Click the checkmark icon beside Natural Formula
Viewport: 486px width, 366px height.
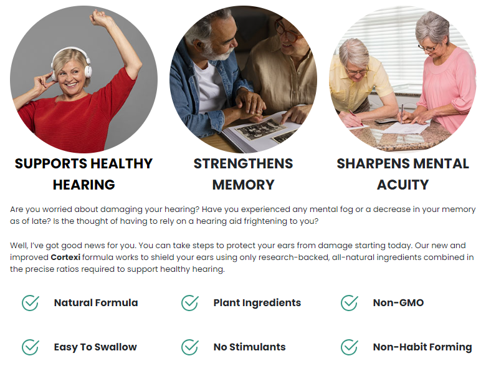(31, 303)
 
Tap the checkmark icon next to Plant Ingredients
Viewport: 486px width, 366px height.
(189, 303)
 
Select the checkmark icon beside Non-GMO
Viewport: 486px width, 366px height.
(350, 303)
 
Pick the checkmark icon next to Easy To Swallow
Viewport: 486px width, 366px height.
(31, 347)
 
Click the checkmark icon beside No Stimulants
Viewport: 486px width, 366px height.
(189, 347)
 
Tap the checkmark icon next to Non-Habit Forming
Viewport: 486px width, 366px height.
(350, 347)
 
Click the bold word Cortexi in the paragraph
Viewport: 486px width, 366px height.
(65, 258)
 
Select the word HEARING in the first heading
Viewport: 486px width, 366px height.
(83, 185)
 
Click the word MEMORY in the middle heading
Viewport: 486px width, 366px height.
(243, 185)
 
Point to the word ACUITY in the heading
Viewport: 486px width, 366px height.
(403, 185)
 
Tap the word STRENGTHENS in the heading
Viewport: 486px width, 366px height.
(243, 164)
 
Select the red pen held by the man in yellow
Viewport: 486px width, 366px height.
(355, 118)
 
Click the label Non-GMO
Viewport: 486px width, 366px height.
(398, 303)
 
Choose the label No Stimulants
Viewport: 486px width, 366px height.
(249, 347)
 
